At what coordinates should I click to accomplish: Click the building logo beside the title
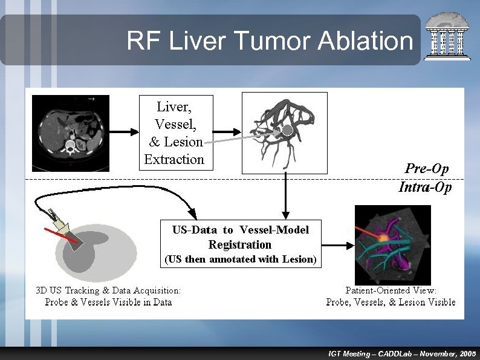coord(447,38)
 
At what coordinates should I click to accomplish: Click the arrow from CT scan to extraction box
coord(123,131)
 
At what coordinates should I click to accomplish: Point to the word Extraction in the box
coord(175,160)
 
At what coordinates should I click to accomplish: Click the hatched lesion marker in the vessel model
coord(287,129)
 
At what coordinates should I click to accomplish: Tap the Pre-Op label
coord(427,169)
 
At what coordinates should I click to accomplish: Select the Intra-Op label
coord(425,187)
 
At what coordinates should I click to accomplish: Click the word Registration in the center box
coord(240,244)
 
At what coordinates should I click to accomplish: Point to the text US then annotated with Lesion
coord(240,260)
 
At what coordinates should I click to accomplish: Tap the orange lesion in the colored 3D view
coord(383,238)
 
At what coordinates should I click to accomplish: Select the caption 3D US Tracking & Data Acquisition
coord(109,290)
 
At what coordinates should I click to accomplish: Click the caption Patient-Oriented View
coord(391,290)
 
